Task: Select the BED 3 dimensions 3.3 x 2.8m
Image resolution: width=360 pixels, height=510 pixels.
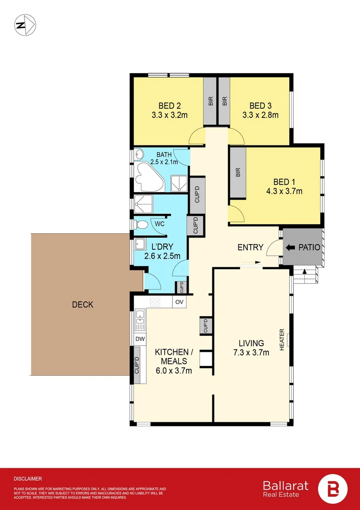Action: [x=260, y=115]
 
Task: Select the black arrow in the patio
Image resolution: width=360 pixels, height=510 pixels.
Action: [x=291, y=247]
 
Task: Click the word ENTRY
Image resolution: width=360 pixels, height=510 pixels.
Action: [x=251, y=247]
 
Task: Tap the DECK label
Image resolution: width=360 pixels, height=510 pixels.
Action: [x=83, y=305]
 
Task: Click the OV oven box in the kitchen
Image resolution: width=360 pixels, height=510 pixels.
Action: [x=179, y=301]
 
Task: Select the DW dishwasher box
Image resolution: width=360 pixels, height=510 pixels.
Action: [x=140, y=338]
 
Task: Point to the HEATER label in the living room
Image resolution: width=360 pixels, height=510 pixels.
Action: [x=282, y=340]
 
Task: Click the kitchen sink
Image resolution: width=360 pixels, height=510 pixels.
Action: [x=140, y=320]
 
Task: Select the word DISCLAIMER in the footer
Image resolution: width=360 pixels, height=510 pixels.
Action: [x=27, y=478]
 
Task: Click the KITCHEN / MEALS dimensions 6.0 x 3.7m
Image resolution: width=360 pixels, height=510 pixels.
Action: [x=174, y=371]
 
